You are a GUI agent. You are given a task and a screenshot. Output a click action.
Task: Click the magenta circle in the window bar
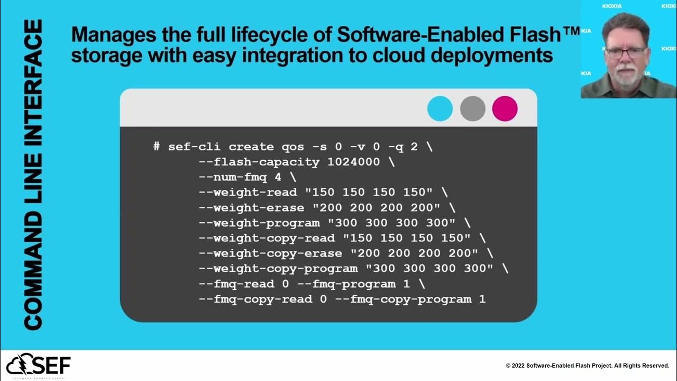pos(505,108)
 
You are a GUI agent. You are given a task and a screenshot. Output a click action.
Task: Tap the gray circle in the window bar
pos(472,108)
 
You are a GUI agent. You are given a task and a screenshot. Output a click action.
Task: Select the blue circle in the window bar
pos(440,108)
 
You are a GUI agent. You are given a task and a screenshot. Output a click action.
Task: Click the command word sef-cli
pos(195,147)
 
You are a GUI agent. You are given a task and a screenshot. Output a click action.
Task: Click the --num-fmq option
pos(233,177)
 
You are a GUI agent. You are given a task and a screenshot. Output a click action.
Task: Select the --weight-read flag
pos(251,193)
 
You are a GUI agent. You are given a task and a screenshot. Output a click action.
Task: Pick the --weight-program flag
pos(259,223)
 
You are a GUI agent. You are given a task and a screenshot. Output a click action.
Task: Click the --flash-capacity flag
pos(259,162)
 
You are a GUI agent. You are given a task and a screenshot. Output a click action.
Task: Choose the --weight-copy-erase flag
pos(270,253)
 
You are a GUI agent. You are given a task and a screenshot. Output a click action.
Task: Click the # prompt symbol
pos(157,147)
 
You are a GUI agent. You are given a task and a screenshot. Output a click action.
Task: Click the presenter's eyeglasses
pos(626,52)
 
